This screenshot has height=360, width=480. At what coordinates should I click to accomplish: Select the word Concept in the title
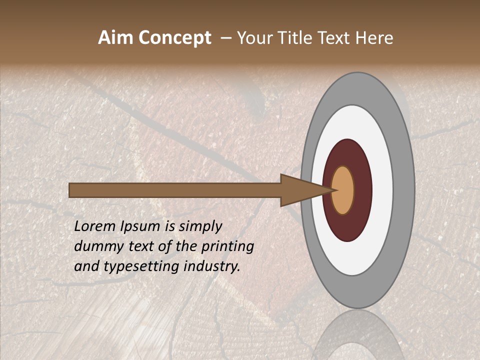174,38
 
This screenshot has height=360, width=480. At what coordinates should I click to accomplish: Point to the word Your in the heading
254,38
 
